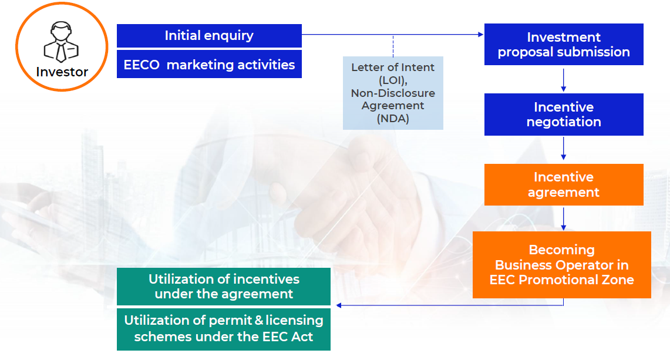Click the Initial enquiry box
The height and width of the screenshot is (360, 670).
210,35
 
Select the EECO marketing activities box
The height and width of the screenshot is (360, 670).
210,64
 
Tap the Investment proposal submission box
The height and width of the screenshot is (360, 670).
564,45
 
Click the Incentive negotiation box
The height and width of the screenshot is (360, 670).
564,115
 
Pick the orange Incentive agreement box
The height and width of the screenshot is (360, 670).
564,185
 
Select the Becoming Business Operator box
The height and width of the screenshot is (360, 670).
562,265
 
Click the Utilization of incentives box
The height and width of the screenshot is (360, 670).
224,287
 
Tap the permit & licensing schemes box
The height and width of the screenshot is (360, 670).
224,329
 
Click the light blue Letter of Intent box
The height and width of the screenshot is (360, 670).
393,93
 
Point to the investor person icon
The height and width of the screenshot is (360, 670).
62,42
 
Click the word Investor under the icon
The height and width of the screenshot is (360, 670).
62,72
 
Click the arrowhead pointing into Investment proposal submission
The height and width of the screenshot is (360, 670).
481,35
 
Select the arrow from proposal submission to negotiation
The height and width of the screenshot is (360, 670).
564,80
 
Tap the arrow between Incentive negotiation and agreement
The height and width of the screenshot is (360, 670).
564,149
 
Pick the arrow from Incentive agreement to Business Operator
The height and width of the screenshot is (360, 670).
564,219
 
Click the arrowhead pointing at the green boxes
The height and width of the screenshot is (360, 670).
339,305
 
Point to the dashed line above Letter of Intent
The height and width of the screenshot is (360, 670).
393,46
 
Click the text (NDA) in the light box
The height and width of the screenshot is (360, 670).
393,119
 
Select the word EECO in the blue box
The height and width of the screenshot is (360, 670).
142,65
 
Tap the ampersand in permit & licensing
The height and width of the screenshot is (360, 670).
259,320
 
